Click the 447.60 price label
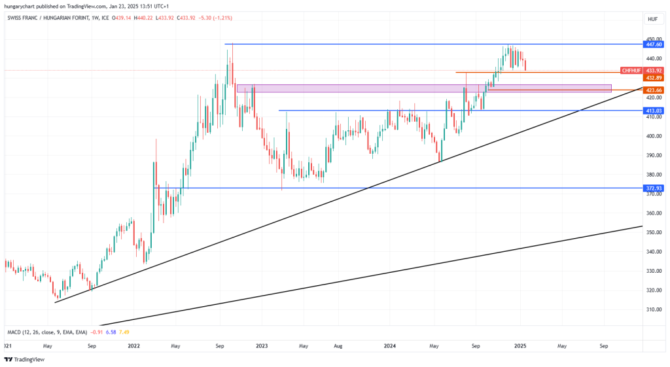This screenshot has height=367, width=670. [x=654, y=44]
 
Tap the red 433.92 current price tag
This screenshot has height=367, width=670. [x=654, y=70]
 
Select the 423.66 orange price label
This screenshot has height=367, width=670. [x=654, y=90]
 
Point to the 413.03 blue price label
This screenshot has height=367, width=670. [x=654, y=111]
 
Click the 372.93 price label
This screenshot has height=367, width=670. [x=654, y=188]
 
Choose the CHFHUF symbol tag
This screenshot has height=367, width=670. [x=631, y=70]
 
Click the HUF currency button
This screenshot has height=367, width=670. [x=652, y=19]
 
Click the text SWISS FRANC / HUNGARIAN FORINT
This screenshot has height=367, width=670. [x=50, y=19]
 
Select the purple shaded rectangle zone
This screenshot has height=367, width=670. [x=424, y=88]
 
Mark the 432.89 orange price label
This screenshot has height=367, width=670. [x=654, y=78]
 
